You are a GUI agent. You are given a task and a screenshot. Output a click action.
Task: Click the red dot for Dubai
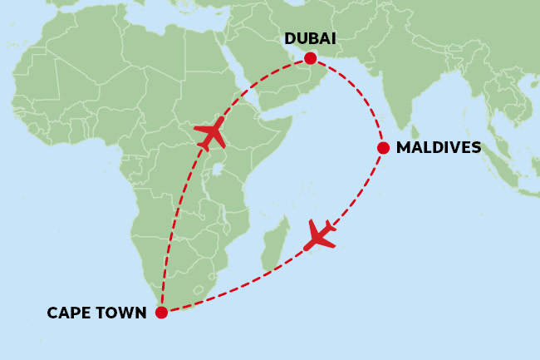310,58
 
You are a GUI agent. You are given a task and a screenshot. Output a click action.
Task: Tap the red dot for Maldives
383,148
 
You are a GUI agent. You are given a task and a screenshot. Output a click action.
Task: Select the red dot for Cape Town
161,313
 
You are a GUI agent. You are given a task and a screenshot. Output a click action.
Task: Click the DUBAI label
310,39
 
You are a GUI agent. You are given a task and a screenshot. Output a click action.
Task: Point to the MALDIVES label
439,148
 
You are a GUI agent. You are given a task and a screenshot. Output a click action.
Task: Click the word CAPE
67,313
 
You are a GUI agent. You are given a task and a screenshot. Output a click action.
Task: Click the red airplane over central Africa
210,133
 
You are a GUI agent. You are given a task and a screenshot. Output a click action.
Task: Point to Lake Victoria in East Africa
217,169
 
